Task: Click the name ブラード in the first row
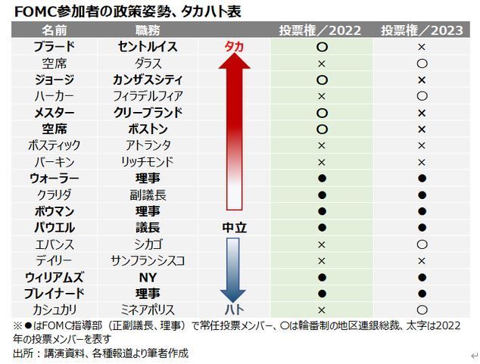(54, 47)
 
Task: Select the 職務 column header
(148, 30)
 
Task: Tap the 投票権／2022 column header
(320, 30)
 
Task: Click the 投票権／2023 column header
(422, 30)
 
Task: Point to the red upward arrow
(234, 129)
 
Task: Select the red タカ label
(234, 47)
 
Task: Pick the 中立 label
(234, 228)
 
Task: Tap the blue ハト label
(234, 310)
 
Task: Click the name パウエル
(54, 228)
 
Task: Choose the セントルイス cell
(148, 47)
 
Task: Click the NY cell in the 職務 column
(148, 277)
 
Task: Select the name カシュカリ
(54, 310)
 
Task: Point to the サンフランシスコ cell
(148, 260)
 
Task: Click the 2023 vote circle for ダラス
(422, 64)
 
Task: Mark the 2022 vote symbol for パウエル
(321, 228)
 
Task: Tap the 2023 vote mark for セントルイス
(422, 47)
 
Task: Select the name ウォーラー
(54, 178)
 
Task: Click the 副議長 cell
(148, 194)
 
